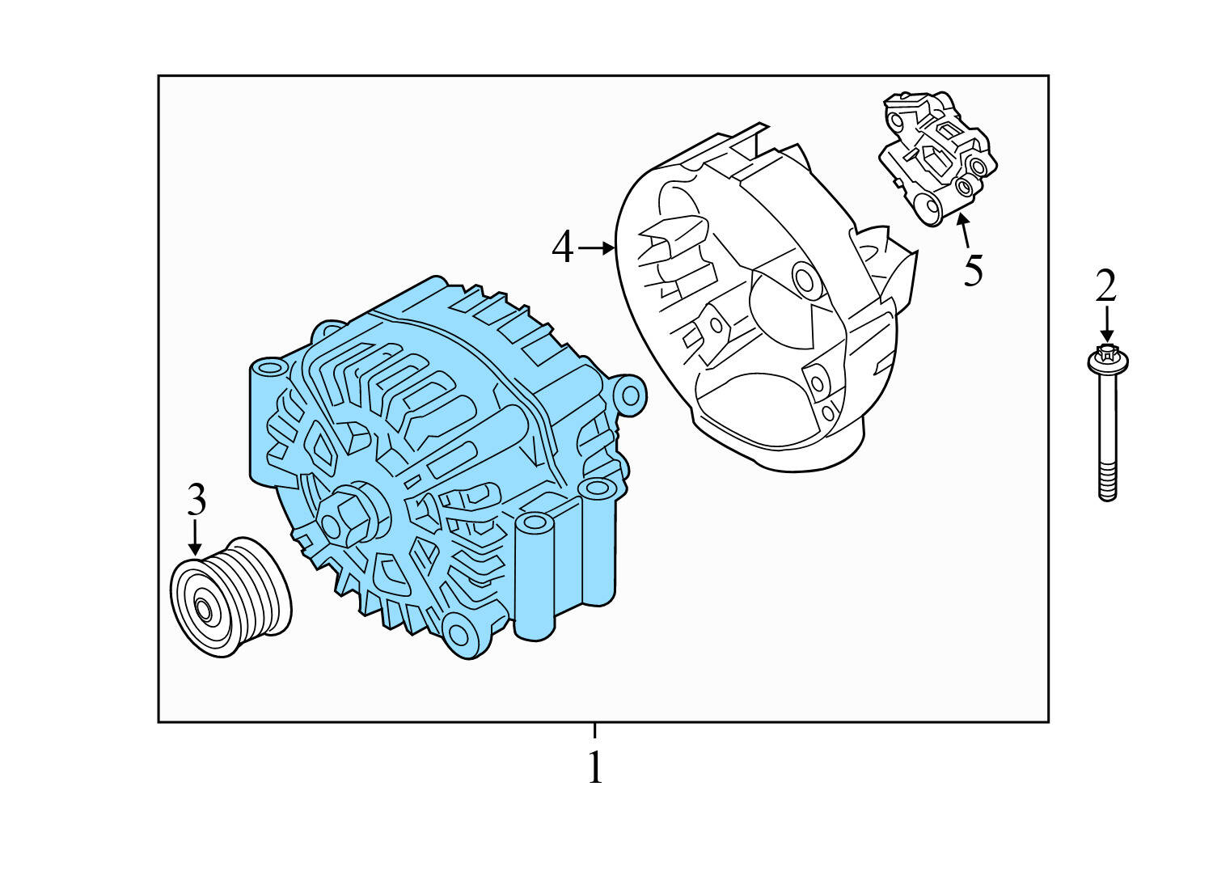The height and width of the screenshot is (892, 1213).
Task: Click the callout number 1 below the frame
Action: click(x=595, y=768)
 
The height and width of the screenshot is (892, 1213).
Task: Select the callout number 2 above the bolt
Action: click(x=1105, y=286)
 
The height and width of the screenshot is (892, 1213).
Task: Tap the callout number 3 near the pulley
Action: click(x=197, y=501)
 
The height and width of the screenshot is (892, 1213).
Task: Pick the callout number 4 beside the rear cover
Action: click(x=563, y=247)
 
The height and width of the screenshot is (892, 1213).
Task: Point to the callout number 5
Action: click(x=973, y=270)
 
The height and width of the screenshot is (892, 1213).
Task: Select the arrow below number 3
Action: click(x=194, y=539)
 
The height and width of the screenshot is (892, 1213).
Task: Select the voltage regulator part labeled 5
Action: click(x=938, y=158)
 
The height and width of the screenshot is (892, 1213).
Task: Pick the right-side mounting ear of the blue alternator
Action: click(x=629, y=393)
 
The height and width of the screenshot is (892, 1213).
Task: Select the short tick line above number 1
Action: click(x=595, y=730)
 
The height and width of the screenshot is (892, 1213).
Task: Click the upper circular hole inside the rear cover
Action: click(x=804, y=279)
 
